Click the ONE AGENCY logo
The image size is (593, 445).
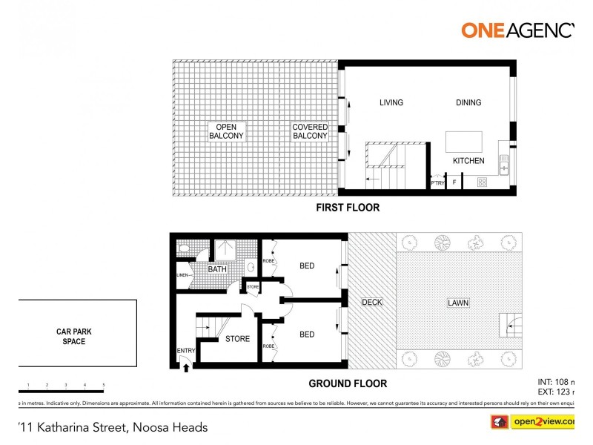518,30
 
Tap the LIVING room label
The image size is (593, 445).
391,103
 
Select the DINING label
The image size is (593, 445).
468,103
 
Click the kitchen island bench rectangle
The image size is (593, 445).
463,142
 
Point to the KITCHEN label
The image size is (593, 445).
468,161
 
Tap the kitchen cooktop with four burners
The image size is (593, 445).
483,182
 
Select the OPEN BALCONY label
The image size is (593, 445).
226,132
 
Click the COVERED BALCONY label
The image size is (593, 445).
310,132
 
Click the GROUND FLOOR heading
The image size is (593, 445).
347,383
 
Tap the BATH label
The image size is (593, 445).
217,269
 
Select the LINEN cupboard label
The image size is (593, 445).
182,275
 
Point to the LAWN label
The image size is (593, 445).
457,303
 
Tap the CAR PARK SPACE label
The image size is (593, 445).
74,337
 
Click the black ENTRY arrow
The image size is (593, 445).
185,363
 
